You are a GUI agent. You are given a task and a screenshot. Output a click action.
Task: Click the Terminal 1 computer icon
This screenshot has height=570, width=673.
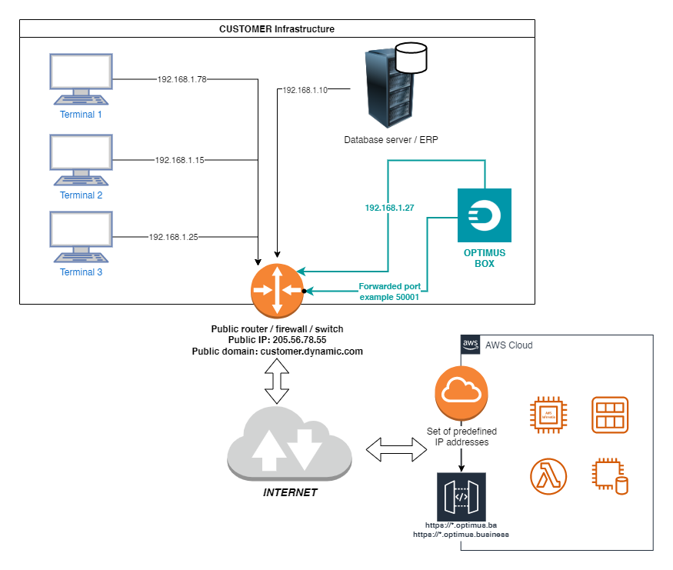tap(81, 78)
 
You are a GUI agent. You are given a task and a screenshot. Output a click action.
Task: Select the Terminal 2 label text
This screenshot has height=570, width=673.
tap(81, 195)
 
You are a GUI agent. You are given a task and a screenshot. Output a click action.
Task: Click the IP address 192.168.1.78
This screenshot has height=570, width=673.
tap(182, 79)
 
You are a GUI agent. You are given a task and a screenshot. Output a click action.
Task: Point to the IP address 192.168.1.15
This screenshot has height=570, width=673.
tap(180, 160)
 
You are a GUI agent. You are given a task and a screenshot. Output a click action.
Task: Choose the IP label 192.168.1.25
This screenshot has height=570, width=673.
tap(174, 237)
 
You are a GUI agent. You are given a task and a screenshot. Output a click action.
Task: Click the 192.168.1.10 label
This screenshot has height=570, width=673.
tap(305, 90)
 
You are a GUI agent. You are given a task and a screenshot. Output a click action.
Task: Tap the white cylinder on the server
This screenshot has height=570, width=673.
tap(410, 58)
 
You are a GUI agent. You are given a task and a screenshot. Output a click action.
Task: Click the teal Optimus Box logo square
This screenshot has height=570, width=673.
tap(484, 215)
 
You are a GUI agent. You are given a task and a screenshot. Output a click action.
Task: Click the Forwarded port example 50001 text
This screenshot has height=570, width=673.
tap(389, 292)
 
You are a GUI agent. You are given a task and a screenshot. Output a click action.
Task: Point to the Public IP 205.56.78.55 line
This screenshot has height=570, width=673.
tap(277, 339)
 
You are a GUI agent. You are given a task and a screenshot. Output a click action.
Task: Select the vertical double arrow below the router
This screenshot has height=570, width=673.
tap(277, 382)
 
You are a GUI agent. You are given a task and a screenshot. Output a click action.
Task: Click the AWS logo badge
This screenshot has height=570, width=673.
tap(470, 345)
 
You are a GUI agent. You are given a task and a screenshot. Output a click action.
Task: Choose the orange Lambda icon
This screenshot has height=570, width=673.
tap(548, 475)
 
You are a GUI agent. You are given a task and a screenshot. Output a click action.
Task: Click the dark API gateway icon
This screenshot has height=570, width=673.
tap(461, 497)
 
